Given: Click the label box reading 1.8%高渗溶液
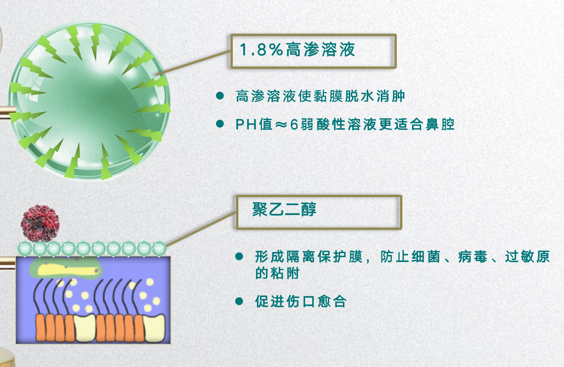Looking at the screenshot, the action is coord(313,51).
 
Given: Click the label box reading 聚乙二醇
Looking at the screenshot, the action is coord(319,212).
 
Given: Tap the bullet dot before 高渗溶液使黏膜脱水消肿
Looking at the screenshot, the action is coord(220,96).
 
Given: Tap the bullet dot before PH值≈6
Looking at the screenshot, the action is coord(220,124).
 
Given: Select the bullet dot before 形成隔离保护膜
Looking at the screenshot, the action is coord(239,256).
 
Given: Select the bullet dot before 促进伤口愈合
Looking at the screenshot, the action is coord(239,301).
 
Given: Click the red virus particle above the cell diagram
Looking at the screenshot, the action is coord(40,224).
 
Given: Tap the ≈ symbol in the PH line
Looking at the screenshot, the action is coord(281,125).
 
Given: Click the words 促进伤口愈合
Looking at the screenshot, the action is coord(301,301).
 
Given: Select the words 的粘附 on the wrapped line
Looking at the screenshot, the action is coord(278,273).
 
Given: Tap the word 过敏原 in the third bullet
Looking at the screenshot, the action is coord(528,256).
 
